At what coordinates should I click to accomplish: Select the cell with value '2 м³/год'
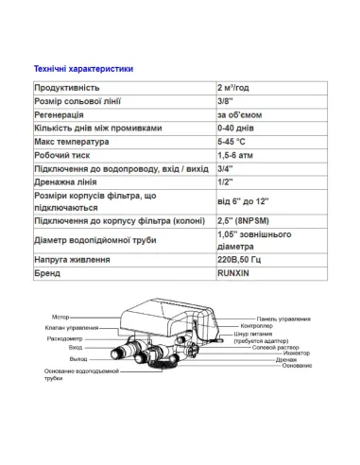(236, 87)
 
